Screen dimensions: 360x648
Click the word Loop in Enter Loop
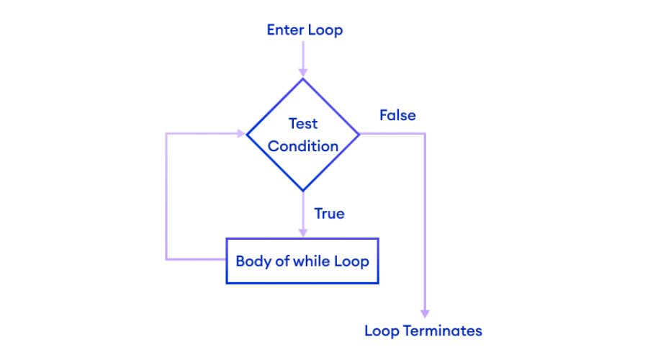pos(325,30)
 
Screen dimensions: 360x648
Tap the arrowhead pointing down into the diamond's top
pos(303,72)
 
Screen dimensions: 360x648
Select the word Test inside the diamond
pos(303,123)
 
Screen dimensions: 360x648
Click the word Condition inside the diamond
pos(303,146)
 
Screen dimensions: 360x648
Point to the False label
pos(397,115)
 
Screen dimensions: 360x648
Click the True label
pos(329,214)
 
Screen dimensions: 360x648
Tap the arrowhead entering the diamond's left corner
pos(241,134)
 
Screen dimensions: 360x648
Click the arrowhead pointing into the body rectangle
pos(303,233)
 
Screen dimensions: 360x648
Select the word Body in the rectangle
pos(253,261)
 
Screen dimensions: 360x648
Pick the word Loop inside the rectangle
pos(351,261)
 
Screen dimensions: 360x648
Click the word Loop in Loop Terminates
pos(382,331)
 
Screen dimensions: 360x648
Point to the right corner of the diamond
pos(359,134)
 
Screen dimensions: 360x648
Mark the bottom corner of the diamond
pos(303,191)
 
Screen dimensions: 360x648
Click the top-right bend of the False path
pos(425,134)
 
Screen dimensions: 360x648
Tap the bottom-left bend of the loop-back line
pos(166,258)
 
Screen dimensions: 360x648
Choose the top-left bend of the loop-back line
pos(166,134)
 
